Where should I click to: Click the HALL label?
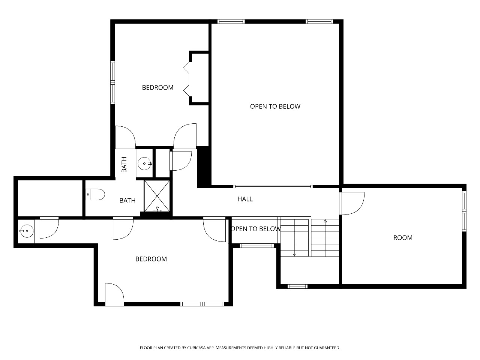(x=245, y=199)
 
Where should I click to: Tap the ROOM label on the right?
(x=403, y=238)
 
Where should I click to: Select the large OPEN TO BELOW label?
(x=275, y=106)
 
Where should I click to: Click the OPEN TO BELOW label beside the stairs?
(x=256, y=229)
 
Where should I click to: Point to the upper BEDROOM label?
(x=157, y=87)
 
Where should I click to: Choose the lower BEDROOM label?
(x=151, y=259)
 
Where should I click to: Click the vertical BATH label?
(x=124, y=164)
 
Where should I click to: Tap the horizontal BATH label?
(x=127, y=200)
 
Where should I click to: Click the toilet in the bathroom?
(x=95, y=194)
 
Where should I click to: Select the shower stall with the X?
(x=157, y=196)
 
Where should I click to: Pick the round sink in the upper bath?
(x=144, y=163)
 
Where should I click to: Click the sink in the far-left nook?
(x=27, y=231)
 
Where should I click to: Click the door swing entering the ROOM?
(x=352, y=203)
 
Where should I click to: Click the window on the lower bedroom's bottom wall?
(x=202, y=304)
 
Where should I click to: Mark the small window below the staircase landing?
(x=297, y=286)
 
